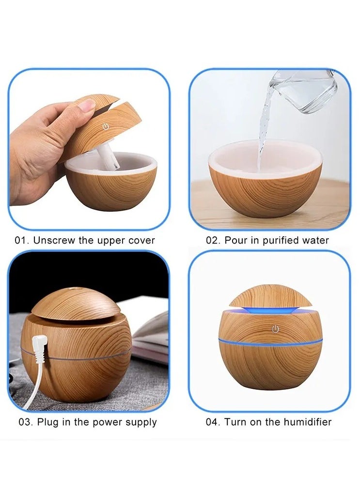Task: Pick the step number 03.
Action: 25,422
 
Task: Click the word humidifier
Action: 307,422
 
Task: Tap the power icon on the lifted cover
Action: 104,127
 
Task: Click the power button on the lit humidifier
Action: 275,329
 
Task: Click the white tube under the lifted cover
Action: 108,156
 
